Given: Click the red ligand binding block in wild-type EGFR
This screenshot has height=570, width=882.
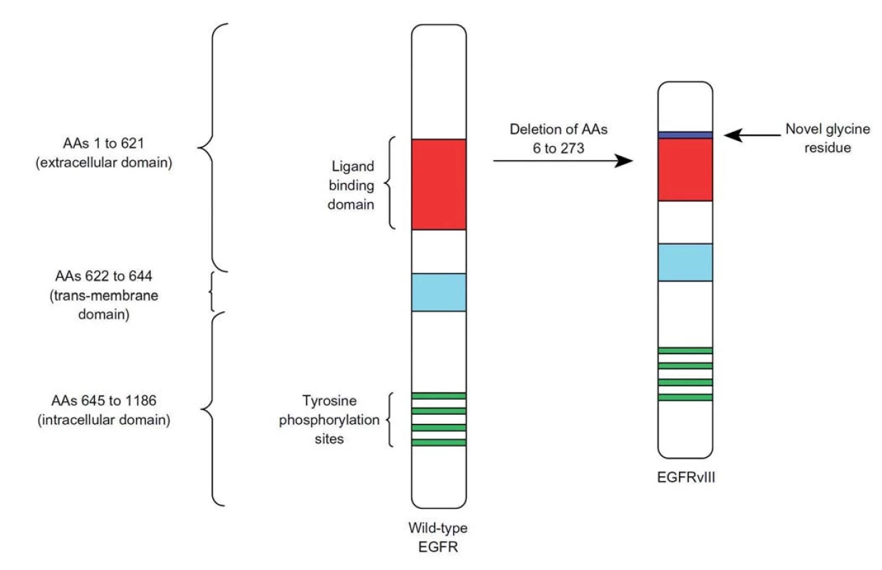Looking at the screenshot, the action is [439, 185].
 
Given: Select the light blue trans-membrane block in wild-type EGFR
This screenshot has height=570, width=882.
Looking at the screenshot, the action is [439, 292].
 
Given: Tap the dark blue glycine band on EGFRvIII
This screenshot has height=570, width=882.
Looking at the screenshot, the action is [685, 135].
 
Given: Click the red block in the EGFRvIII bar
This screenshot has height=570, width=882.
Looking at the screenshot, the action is [685, 170].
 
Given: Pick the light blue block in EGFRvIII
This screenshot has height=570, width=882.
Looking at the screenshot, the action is [685, 262].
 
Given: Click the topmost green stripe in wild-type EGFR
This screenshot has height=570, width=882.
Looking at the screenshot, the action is [439, 396].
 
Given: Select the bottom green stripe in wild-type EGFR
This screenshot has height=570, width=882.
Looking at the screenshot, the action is [439, 442].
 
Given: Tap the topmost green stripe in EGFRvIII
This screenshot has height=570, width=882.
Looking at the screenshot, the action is [685, 351].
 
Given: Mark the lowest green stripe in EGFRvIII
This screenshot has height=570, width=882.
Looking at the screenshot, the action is [685, 398].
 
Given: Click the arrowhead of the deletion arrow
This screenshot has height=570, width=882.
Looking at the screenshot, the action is [625, 161].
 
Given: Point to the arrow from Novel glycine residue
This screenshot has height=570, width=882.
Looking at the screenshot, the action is [752, 135].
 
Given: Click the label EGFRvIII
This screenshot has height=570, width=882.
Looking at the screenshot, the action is [686, 477].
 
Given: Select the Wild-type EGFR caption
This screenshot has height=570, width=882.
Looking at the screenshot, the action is [438, 537].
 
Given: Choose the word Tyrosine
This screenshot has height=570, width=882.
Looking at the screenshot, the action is [329, 400].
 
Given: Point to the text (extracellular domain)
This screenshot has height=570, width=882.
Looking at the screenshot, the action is [104, 162].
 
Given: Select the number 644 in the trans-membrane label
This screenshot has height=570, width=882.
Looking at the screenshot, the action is [140, 276].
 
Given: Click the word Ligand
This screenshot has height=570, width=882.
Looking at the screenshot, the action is [353, 166].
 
